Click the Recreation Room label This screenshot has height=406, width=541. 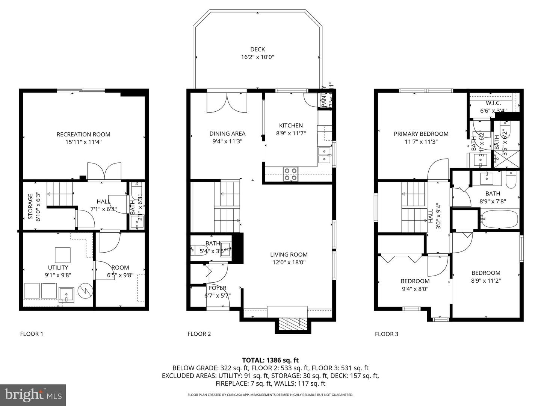[x=83, y=134]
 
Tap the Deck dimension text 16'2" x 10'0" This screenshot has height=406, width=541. [x=257, y=57]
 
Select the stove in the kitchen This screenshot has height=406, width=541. [x=290, y=174]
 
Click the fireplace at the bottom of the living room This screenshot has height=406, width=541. [x=293, y=323]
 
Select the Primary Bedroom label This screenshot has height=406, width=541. [x=421, y=134]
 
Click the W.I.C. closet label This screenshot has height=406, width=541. [x=493, y=103]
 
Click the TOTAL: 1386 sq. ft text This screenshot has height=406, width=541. [x=270, y=360]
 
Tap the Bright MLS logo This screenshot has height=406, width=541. [x=33, y=395]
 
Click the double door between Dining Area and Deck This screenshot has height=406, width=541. [x=227, y=102]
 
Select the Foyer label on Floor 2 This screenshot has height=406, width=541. [x=218, y=288]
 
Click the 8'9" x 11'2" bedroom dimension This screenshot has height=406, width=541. [x=486, y=280]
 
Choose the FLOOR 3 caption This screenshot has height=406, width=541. [x=387, y=334]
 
